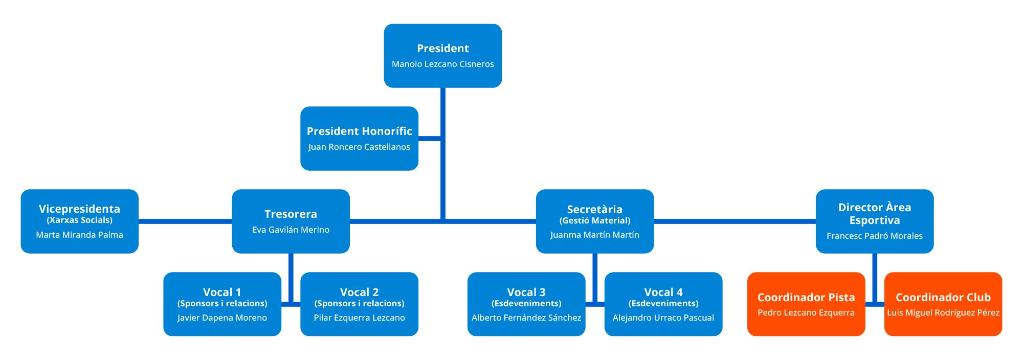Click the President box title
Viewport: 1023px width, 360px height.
tap(442, 49)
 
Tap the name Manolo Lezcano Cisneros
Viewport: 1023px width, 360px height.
tap(442, 64)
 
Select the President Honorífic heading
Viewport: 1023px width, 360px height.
tap(359, 131)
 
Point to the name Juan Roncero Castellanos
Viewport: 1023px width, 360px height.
tap(359, 147)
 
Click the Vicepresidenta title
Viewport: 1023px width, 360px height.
tap(79, 209)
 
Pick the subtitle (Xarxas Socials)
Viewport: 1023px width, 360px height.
tap(79, 220)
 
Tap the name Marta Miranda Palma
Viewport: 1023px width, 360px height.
tap(79, 235)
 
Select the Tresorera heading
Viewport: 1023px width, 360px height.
tap(291, 214)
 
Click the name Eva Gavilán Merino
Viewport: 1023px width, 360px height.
tap(291, 230)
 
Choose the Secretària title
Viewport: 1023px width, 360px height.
tap(594, 209)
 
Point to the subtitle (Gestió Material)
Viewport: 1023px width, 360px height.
tap(594, 221)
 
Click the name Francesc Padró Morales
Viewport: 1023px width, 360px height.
tap(874, 236)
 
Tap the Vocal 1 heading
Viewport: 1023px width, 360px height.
tap(222, 292)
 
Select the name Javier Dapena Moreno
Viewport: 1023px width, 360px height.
tap(222, 318)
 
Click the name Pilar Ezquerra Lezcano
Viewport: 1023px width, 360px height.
tap(359, 318)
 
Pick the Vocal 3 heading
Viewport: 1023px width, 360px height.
tap(526, 292)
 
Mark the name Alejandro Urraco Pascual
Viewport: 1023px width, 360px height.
tap(663, 318)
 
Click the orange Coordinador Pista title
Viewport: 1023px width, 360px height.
tap(806, 298)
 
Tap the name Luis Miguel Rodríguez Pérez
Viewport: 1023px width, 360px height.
tap(943, 313)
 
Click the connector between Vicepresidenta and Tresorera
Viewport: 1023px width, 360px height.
tap(185, 221)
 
